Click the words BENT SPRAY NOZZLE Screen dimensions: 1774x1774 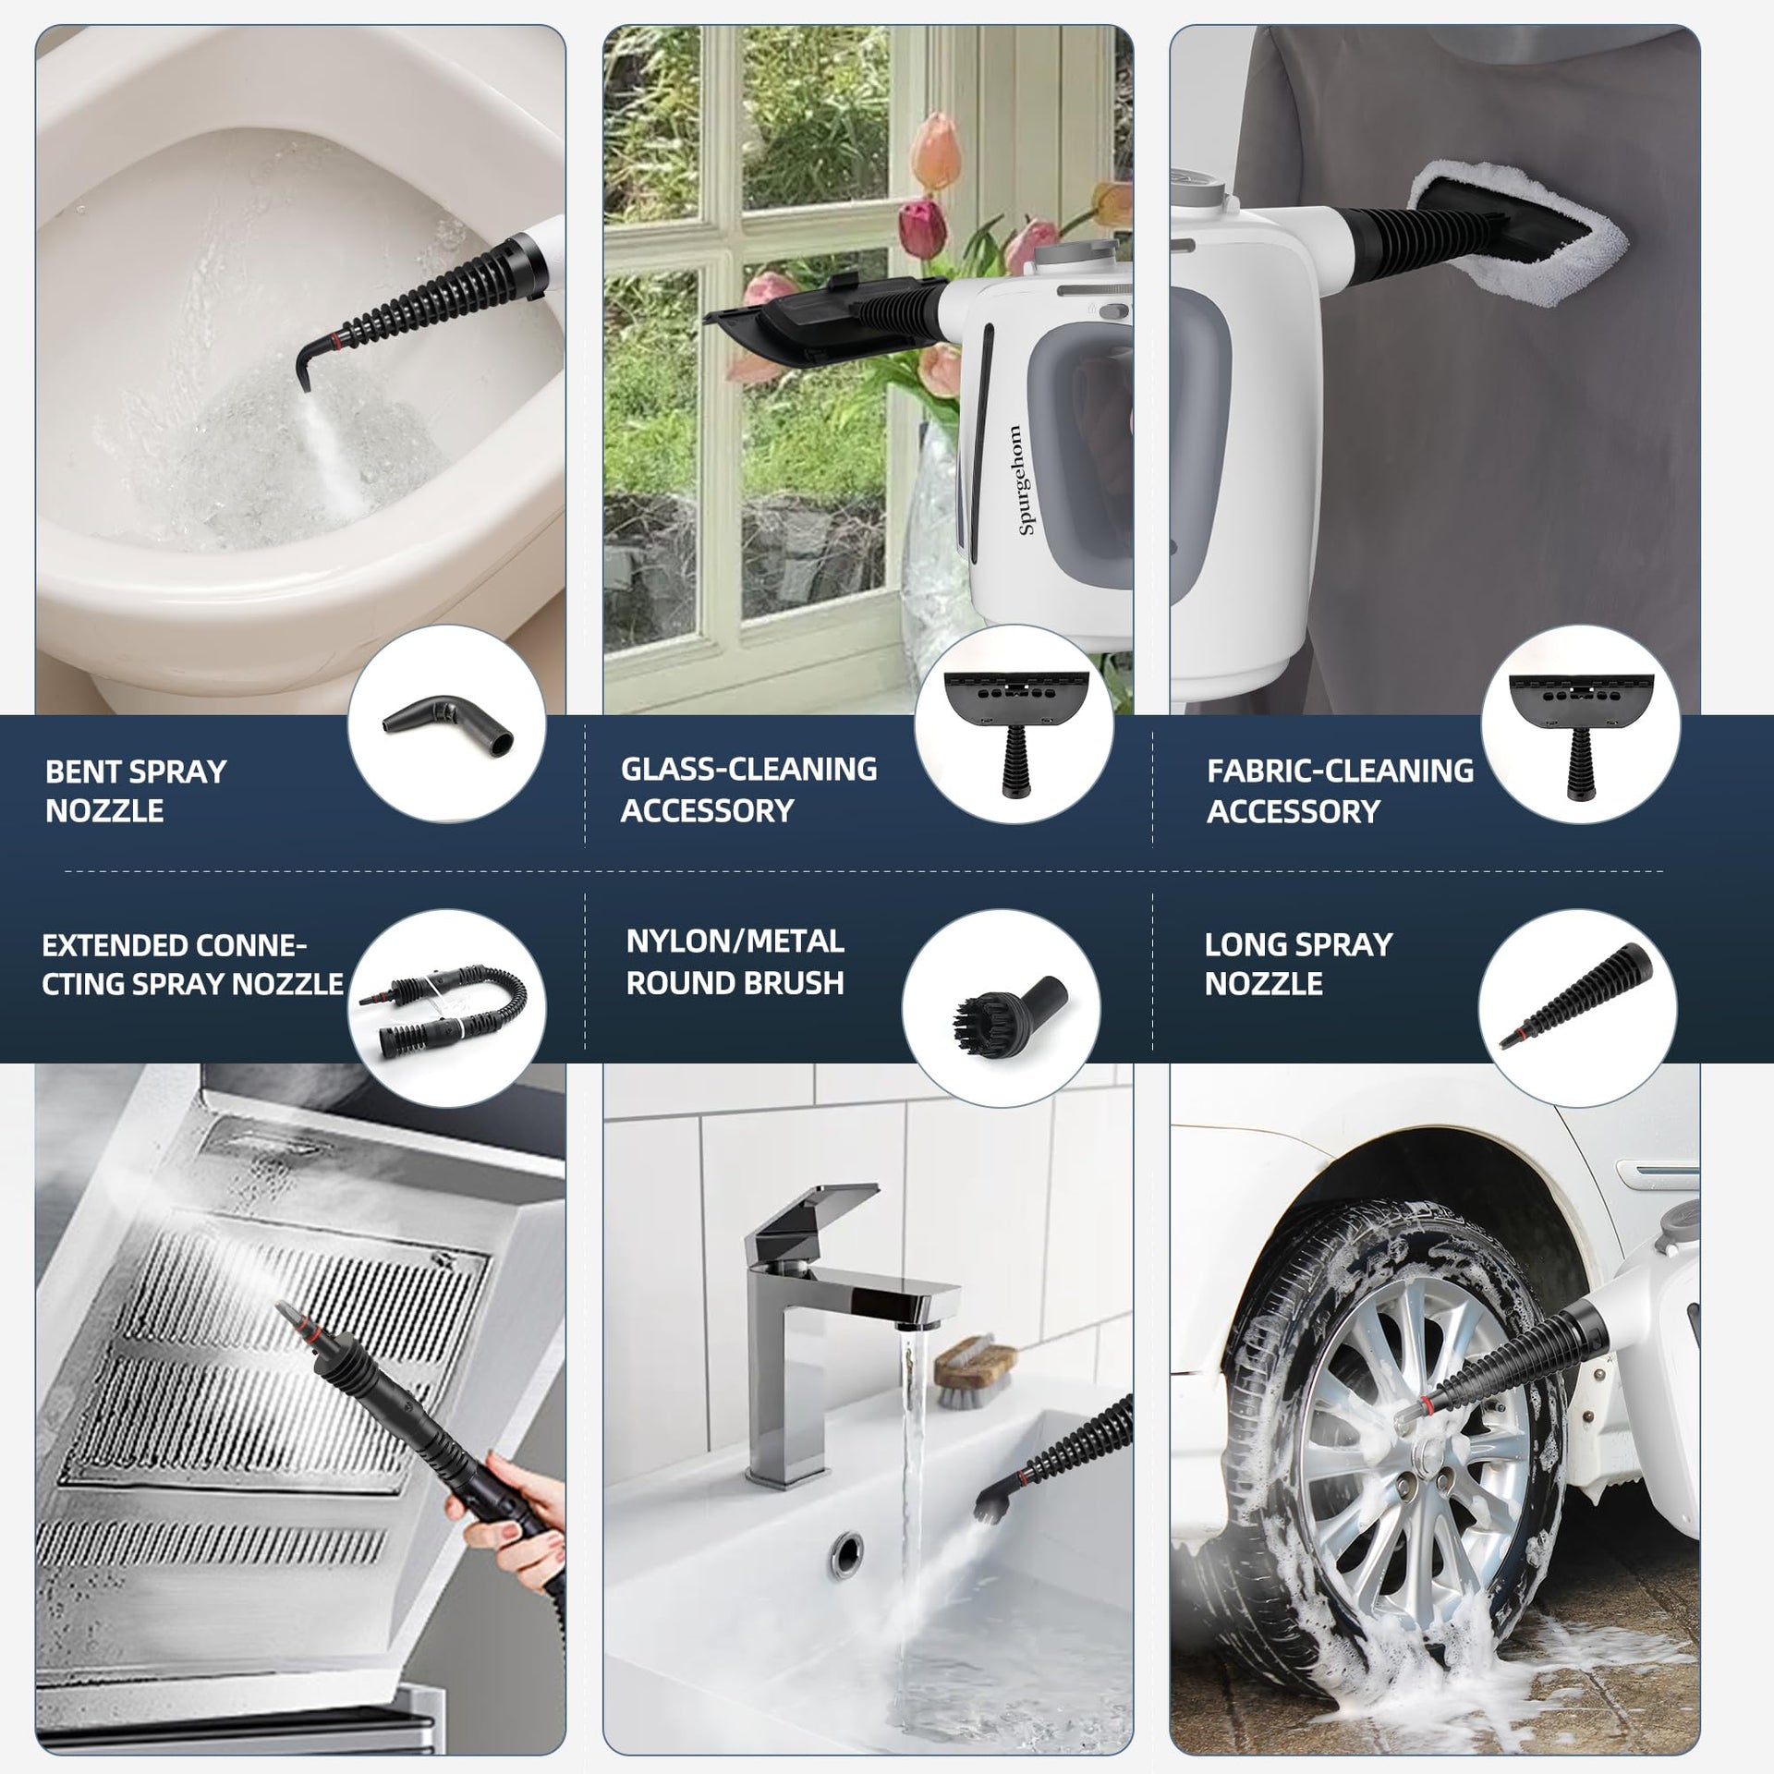point(136,791)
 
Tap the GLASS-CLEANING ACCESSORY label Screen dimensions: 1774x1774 point(748,789)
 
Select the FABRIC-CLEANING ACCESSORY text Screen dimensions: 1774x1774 point(1340,791)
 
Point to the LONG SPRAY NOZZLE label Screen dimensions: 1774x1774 point(1298,964)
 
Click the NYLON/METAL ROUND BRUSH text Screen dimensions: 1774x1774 point(735,962)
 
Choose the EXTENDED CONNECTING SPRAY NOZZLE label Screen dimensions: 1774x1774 point(192,965)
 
